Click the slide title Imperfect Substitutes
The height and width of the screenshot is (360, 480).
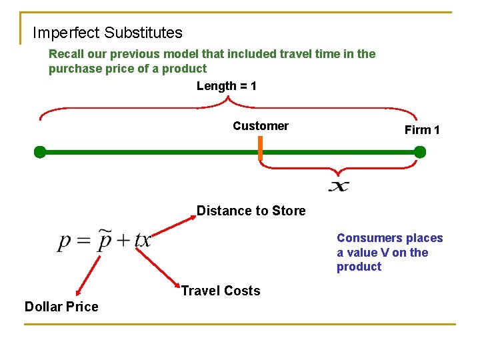[x=107, y=32]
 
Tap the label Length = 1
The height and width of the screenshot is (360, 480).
[x=227, y=86]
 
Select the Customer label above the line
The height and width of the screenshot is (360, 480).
[x=261, y=126]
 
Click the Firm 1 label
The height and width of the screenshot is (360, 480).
[x=421, y=130]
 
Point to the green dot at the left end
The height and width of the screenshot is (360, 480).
[x=40, y=152]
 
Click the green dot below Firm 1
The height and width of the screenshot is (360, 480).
[x=419, y=152]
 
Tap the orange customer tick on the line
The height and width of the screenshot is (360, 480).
[x=261, y=153]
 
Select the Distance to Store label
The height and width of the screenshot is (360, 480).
[x=251, y=211]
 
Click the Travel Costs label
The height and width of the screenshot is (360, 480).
[x=221, y=291]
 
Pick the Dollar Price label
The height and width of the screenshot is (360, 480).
[x=61, y=307]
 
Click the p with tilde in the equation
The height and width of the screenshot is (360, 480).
[x=104, y=240]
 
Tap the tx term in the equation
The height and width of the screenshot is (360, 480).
[x=142, y=240]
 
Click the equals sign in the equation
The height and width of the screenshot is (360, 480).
[x=83, y=241]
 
